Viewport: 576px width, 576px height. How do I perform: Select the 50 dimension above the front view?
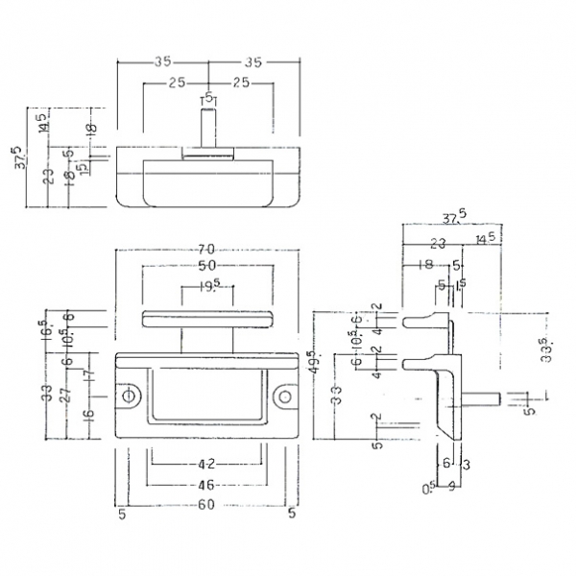[x=207, y=265]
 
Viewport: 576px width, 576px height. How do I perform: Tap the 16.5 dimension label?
[x=45, y=328]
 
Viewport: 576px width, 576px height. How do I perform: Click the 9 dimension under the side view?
[x=450, y=486]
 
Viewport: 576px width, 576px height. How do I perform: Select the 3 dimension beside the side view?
[x=465, y=464]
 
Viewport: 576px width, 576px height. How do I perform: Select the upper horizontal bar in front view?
[x=207, y=318]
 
